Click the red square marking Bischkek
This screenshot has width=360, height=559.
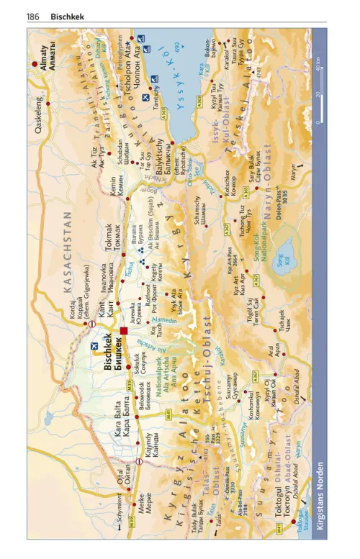124,332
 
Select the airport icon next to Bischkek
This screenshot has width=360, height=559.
94,347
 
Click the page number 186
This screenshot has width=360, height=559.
32,15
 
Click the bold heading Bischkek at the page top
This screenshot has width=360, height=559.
66,15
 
